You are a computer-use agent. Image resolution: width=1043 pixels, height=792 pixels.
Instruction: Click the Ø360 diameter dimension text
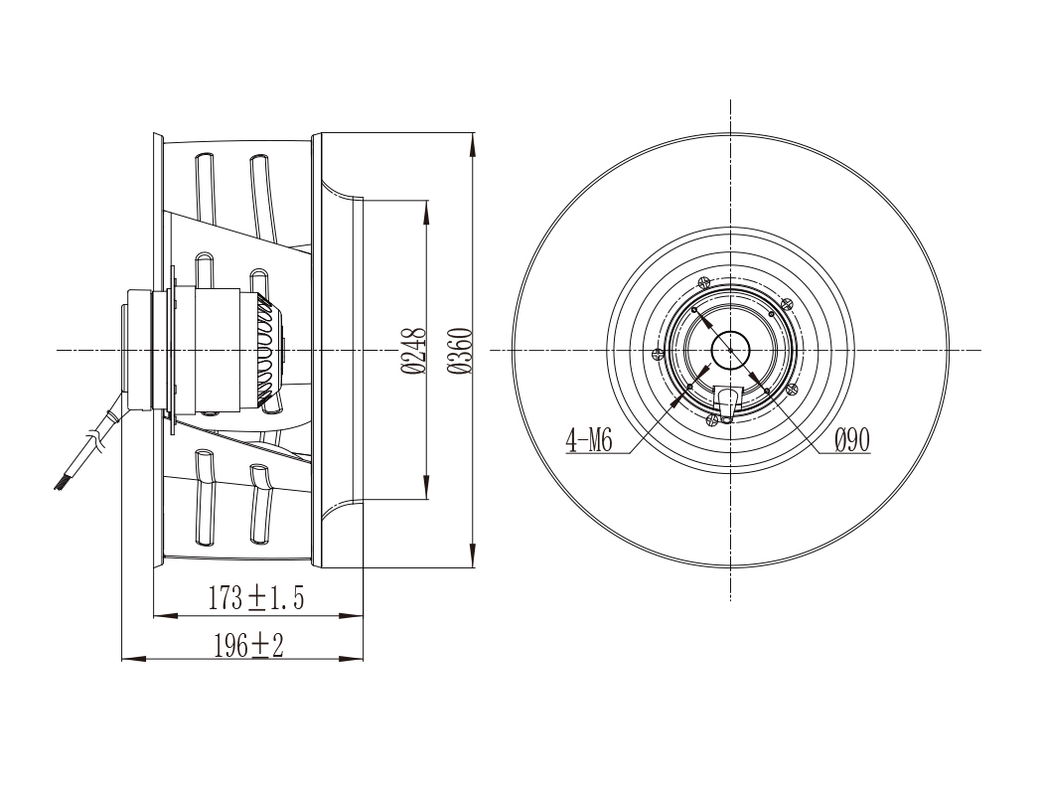(x=460, y=350)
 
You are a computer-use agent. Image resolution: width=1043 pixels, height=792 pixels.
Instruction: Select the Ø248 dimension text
(x=414, y=350)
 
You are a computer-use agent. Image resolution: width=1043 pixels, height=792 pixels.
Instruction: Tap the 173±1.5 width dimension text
(x=256, y=598)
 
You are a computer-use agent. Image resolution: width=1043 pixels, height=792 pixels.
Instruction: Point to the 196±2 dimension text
(x=248, y=645)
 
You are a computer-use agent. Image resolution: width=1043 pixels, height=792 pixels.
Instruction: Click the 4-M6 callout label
(x=589, y=440)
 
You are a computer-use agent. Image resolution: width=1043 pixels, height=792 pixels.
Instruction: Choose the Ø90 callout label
(x=852, y=439)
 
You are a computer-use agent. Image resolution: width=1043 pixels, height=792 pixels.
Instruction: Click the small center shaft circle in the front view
(x=730, y=350)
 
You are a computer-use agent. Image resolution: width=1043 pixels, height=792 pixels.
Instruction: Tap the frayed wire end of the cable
(x=60, y=484)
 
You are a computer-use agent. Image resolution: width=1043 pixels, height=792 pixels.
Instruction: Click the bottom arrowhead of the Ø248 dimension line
(x=427, y=488)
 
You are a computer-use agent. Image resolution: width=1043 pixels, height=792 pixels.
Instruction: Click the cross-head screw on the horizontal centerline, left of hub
(x=658, y=354)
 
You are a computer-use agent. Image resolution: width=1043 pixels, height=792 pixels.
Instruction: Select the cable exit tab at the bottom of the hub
(x=726, y=403)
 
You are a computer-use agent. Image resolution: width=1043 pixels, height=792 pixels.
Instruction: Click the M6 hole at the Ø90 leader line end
(x=767, y=390)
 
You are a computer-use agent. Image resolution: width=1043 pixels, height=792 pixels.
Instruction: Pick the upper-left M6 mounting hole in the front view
(x=693, y=310)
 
